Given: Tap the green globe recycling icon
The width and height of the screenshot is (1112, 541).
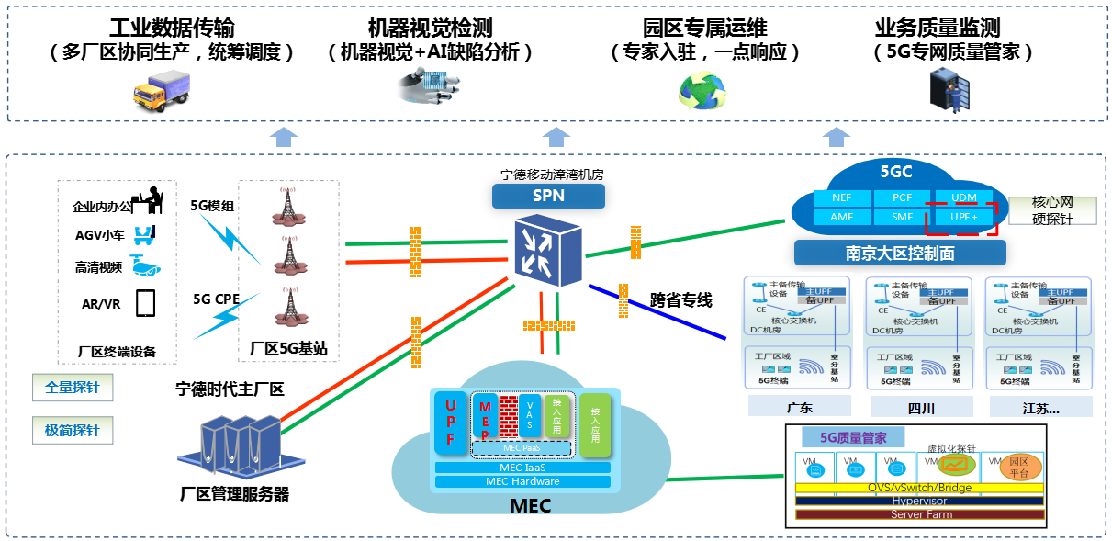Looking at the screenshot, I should (x=702, y=90).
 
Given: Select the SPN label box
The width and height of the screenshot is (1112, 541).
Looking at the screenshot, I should (x=548, y=196).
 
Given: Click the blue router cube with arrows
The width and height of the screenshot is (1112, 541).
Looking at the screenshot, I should (x=547, y=249).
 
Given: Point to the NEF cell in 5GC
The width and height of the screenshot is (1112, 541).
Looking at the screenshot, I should (x=841, y=197).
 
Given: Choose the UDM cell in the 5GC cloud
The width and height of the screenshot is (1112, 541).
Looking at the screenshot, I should (x=963, y=197).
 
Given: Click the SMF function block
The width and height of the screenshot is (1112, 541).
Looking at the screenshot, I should (x=902, y=217).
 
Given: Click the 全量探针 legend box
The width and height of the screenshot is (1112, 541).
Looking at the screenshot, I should (x=73, y=388).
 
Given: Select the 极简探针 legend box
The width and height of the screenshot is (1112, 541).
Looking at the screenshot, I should (x=73, y=430).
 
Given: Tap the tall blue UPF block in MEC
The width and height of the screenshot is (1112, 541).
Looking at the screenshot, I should (x=450, y=423).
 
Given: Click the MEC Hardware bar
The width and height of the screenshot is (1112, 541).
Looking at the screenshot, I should (x=522, y=481).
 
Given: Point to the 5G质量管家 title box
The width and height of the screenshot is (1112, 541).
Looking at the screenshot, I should (x=852, y=437).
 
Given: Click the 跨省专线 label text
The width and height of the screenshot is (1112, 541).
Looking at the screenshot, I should (x=681, y=300).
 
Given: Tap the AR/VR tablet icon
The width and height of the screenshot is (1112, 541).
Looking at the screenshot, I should (x=145, y=303).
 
